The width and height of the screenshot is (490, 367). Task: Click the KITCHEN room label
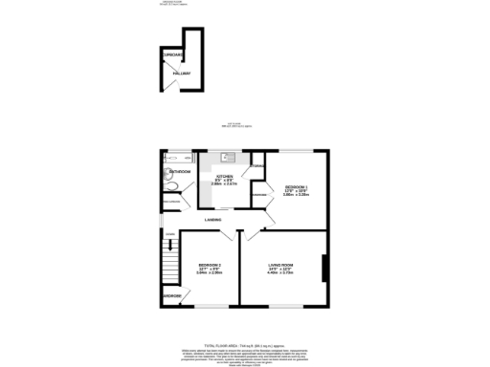pos(224,177)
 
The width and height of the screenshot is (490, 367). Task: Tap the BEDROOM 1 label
pos(295,185)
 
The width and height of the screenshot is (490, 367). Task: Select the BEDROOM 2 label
pos(210,265)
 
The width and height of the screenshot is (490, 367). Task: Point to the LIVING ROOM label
pos(279,265)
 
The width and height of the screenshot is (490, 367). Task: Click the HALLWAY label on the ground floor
pos(181,74)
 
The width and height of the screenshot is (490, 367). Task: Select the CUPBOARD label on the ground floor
pos(172,55)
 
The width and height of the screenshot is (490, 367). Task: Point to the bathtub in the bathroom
pos(178,157)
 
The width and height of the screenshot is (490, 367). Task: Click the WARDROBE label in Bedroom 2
pos(172,296)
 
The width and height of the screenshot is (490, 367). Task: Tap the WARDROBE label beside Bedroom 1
pos(258,196)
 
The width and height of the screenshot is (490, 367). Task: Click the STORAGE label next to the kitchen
pos(256,167)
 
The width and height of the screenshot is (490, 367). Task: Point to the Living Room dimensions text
pos(279,272)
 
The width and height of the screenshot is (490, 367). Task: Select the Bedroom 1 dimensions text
pos(295,193)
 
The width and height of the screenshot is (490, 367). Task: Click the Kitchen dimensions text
pos(224,184)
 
